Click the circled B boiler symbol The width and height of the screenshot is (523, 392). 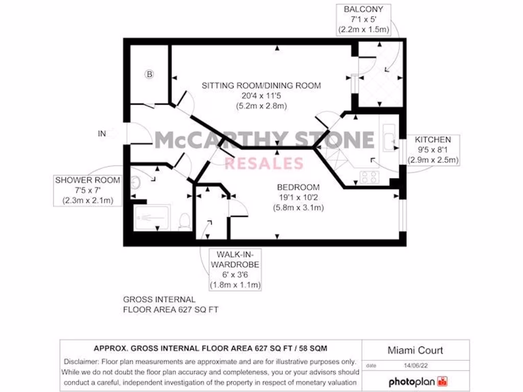(149, 75)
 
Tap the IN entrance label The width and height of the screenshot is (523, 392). (102, 134)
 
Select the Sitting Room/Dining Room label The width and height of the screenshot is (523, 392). (261, 85)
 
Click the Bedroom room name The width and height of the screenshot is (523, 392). (298, 187)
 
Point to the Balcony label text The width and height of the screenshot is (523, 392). (363, 9)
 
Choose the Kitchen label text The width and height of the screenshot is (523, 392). (433, 139)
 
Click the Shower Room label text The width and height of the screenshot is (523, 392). (88, 180)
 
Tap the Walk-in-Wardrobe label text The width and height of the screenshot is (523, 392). (235, 259)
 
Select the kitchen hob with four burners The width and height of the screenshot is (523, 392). (369, 177)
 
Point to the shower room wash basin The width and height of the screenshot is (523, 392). (135, 182)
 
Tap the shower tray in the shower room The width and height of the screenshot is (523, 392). (153, 217)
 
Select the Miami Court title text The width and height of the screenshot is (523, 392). (415, 350)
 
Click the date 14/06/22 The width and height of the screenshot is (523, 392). (415, 365)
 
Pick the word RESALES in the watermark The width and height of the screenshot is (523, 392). (264, 163)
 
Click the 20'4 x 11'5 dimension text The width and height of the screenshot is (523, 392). (261, 95)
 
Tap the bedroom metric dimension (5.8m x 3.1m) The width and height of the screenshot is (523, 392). (298, 208)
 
